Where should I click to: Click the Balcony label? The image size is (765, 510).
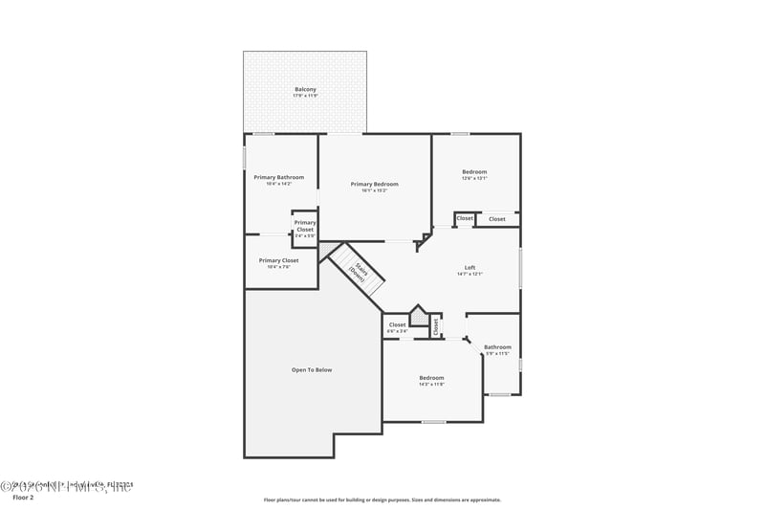click(x=305, y=89)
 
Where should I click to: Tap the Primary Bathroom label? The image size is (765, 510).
click(x=278, y=177)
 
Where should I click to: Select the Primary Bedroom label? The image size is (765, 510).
click(x=374, y=184)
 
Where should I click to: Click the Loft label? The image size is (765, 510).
click(x=470, y=267)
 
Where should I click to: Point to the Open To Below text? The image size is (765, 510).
click(x=312, y=369)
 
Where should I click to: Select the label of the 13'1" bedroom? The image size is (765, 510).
click(x=474, y=172)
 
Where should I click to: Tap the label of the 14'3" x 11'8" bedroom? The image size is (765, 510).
click(x=431, y=378)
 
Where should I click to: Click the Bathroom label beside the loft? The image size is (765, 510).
click(x=497, y=347)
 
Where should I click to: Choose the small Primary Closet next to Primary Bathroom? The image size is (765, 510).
click(x=304, y=226)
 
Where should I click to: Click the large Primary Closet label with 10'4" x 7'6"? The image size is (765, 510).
click(x=278, y=260)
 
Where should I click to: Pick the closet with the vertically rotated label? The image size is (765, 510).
click(x=435, y=326)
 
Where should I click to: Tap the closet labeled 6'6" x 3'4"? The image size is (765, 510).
click(x=397, y=325)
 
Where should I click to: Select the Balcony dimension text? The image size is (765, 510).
click(x=305, y=96)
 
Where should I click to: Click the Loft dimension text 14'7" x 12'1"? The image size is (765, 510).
click(x=470, y=275)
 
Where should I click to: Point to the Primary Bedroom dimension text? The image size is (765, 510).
click(x=374, y=190)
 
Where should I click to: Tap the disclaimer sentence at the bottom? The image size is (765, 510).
click(x=382, y=499)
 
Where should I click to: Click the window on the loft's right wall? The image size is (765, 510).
click(x=520, y=268)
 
